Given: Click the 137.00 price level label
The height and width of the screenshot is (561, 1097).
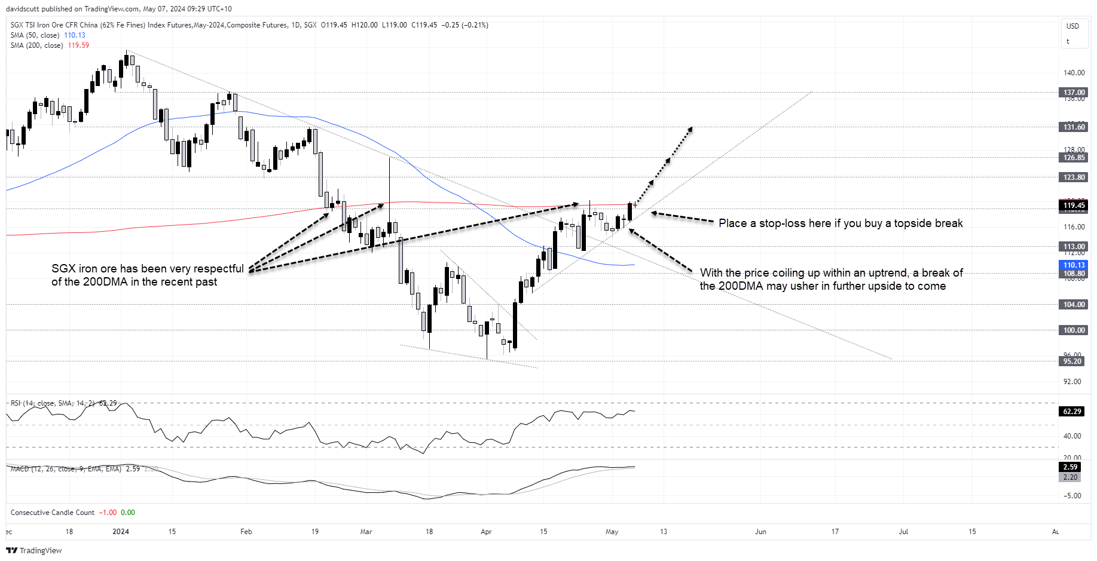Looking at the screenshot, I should click(1074, 93).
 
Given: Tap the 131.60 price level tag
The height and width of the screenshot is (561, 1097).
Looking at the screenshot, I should click(1074, 127).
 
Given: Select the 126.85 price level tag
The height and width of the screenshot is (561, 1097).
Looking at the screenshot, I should click(1074, 158).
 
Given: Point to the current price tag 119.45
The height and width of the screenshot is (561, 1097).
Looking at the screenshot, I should click(1074, 206).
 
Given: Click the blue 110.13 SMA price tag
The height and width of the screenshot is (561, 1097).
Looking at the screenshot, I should click(1074, 265).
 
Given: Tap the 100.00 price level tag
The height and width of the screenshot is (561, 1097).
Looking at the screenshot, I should click(1074, 330).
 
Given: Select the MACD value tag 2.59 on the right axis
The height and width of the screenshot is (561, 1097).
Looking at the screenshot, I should click(1070, 467).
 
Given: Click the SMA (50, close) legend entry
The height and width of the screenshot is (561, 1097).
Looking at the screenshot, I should click(35, 35).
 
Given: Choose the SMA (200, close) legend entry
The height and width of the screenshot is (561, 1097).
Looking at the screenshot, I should click(36, 45).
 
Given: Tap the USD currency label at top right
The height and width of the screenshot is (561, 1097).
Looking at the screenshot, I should click(1072, 26).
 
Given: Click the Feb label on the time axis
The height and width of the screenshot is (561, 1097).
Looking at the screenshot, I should click(246, 532).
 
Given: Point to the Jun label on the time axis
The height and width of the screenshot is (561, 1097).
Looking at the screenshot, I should click(760, 532).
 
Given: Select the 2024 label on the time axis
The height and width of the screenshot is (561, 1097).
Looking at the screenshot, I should click(121, 532).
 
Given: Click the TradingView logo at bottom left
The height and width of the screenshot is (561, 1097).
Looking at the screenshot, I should click(34, 550).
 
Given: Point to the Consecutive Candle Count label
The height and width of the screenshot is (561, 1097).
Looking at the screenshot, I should click(53, 513).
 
